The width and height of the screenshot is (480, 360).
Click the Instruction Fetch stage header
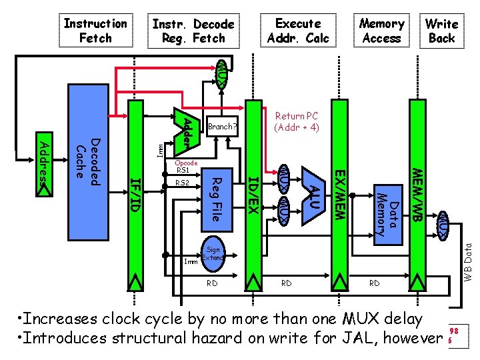[95, 31]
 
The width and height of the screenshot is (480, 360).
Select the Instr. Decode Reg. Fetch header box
[193, 31]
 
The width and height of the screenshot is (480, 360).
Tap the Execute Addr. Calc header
[298, 31]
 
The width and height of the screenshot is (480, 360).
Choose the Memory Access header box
[381, 31]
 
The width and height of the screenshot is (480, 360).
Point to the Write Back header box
[441, 31]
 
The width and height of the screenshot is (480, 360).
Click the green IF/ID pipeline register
[135, 193]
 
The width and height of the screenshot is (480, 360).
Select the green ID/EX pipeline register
[253, 193]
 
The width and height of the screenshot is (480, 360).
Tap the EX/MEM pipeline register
[340, 193]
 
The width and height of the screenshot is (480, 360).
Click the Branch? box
[222, 126]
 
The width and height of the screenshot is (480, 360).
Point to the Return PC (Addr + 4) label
[297, 121]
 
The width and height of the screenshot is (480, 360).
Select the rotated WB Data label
[468, 260]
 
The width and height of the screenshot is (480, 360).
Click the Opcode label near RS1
[185, 163]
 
